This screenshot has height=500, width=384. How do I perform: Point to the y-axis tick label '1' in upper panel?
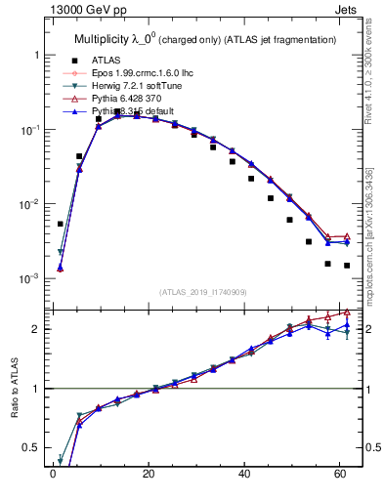coord(35,56)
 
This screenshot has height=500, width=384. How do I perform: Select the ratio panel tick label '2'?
coord(35,329)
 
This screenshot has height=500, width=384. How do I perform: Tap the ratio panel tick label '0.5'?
coord(31,448)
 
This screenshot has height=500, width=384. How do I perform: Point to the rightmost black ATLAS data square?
coord(347,265)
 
